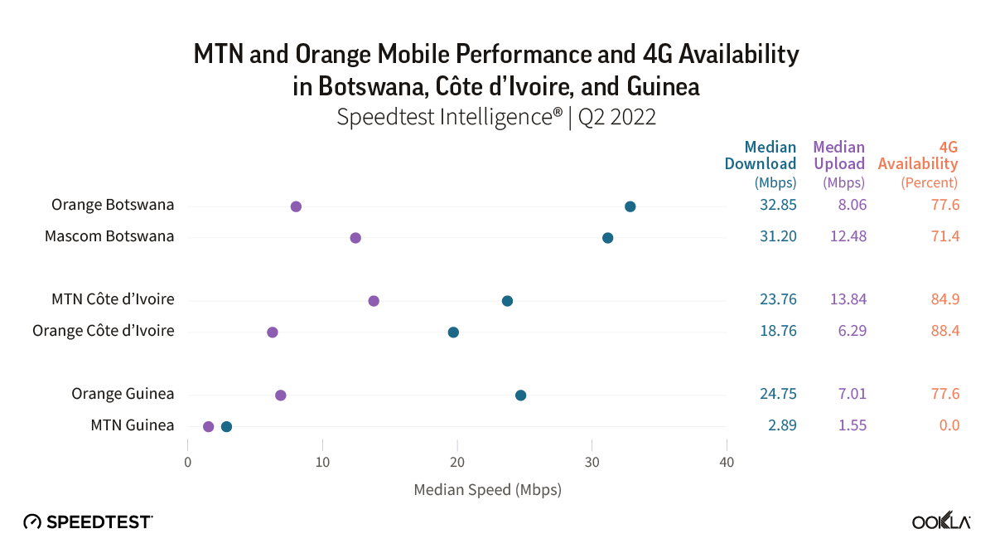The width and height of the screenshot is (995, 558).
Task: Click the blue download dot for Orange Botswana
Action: tap(630, 206)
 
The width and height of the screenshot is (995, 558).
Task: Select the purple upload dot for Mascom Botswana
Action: tap(355, 238)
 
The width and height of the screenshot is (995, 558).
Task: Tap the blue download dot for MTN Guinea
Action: tap(226, 426)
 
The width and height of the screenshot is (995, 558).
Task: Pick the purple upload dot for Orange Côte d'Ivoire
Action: tap(273, 332)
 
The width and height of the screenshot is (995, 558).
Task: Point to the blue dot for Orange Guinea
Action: tap(520, 395)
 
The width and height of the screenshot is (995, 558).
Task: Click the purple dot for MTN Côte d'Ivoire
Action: tap(374, 300)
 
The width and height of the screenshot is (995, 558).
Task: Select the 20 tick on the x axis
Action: tap(457, 462)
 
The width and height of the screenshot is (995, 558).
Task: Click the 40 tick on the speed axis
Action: tap(727, 462)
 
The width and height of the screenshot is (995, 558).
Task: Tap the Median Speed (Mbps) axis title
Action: tap(487, 489)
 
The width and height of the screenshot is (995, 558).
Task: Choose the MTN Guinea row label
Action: tap(133, 425)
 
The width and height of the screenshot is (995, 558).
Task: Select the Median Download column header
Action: tap(761, 156)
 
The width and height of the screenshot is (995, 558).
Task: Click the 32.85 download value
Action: tap(778, 205)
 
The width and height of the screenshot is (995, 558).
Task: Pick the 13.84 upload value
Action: tap(845, 299)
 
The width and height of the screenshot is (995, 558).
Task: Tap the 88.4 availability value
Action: tap(944, 331)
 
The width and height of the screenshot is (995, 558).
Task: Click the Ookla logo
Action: tap(941, 521)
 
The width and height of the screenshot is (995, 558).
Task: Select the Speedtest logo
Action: tap(88, 522)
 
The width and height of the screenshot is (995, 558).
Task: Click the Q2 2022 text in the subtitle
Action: tap(617, 117)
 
